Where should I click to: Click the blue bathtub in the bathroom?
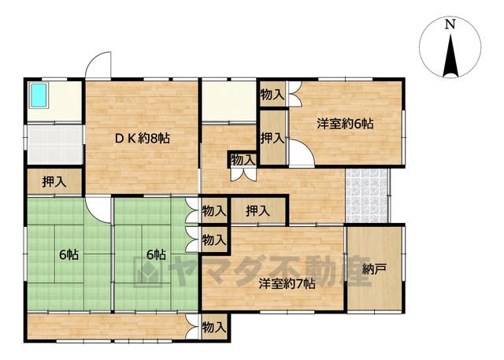click(39, 95)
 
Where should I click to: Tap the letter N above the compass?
click(450, 24)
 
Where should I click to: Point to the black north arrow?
click(450, 56)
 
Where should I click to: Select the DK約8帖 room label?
click(143, 139)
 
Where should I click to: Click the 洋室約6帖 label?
click(345, 124)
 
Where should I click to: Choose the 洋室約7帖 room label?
click(287, 284)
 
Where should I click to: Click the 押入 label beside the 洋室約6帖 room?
click(272, 138)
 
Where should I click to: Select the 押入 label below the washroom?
click(54, 182)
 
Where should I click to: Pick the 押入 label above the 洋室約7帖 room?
click(258, 211)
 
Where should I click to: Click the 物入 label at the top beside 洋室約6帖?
click(272, 95)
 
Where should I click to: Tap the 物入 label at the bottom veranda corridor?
click(214, 328)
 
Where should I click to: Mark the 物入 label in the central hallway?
click(243, 160)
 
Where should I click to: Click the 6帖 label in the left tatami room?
click(69, 255)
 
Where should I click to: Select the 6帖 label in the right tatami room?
click(156, 255)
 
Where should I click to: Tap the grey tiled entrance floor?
click(366, 195)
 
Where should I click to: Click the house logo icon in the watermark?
click(147, 271)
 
